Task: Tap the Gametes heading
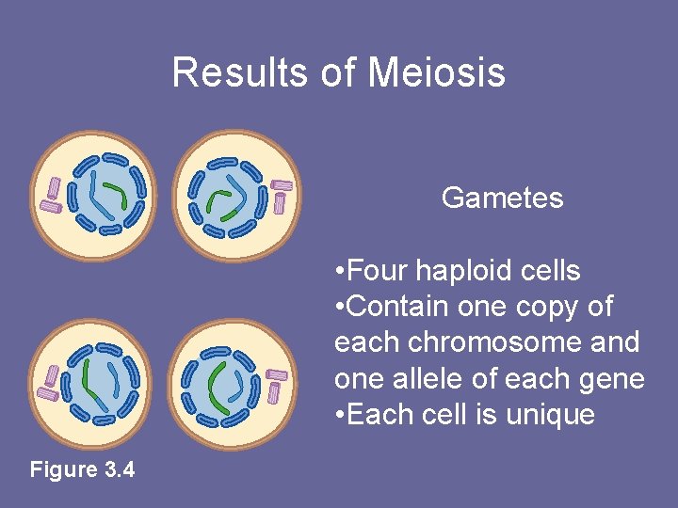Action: [502, 198]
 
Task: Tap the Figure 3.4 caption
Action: [83, 468]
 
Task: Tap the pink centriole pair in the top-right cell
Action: [280, 196]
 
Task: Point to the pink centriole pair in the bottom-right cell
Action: [277, 385]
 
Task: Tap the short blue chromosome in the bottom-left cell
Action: [114, 377]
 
